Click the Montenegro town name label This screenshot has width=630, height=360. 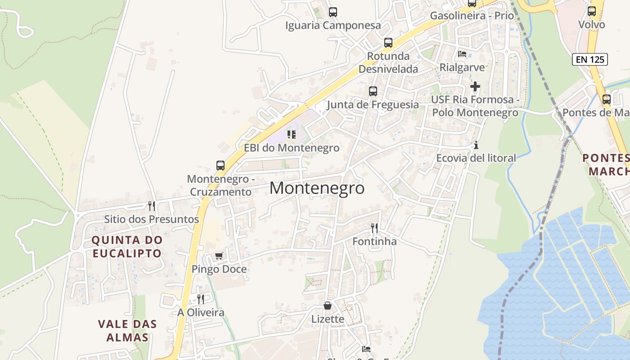[x=317, y=188]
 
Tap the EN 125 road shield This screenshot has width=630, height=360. [x=590, y=59]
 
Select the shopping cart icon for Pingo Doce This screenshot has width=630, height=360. [x=219, y=256]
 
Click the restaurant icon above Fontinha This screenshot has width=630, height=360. [x=374, y=228]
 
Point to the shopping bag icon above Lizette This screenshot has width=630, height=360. [x=328, y=306]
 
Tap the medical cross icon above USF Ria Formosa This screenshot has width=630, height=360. [x=475, y=86]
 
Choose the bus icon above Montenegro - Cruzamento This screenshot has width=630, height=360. [x=220, y=165]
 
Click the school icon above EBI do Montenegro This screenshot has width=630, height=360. [x=292, y=134]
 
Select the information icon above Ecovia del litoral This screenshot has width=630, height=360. [x=476, y=145]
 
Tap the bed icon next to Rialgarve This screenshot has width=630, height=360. [x=462, y=54]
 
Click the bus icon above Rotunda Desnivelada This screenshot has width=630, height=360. [x=388, y=43]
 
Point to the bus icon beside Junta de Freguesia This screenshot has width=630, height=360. [x=373, y=91]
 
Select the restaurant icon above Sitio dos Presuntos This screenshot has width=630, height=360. [x=152, y=206]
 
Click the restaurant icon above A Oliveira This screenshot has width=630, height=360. [x=201, y=299]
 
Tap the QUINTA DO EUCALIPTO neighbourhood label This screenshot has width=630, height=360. [x=127, y=246]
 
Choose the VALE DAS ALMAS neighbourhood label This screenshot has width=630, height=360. [x=127, y=330]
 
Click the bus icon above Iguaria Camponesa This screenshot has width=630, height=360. [x=333, y=12]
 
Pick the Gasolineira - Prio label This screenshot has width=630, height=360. [x=472, y=16]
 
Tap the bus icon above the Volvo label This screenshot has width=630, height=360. [x=592, y=11]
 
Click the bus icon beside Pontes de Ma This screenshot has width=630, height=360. [x=607, y=99]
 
